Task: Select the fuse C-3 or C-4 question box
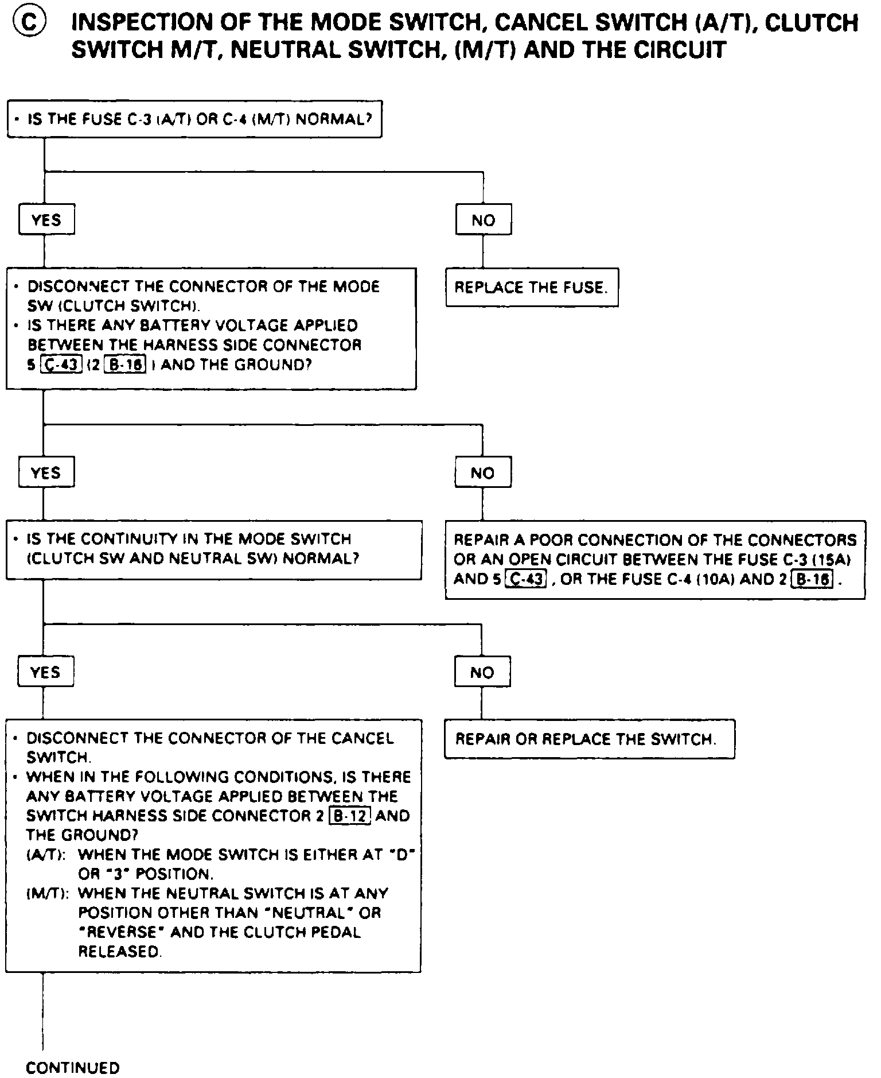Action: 194,119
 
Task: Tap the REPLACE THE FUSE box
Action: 531,287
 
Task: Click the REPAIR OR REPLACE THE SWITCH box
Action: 589,739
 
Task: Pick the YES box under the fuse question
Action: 46,220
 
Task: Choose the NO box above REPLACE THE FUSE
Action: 483,220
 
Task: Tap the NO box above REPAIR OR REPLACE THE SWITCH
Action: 482,672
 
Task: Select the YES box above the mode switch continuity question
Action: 46,473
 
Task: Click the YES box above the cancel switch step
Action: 45,672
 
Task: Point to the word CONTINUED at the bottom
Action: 73,1068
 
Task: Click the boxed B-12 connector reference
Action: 349,816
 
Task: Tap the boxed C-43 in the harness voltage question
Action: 61,364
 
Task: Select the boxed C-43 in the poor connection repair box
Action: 525,579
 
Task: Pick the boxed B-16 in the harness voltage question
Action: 126,364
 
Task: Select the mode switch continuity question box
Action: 213,549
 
